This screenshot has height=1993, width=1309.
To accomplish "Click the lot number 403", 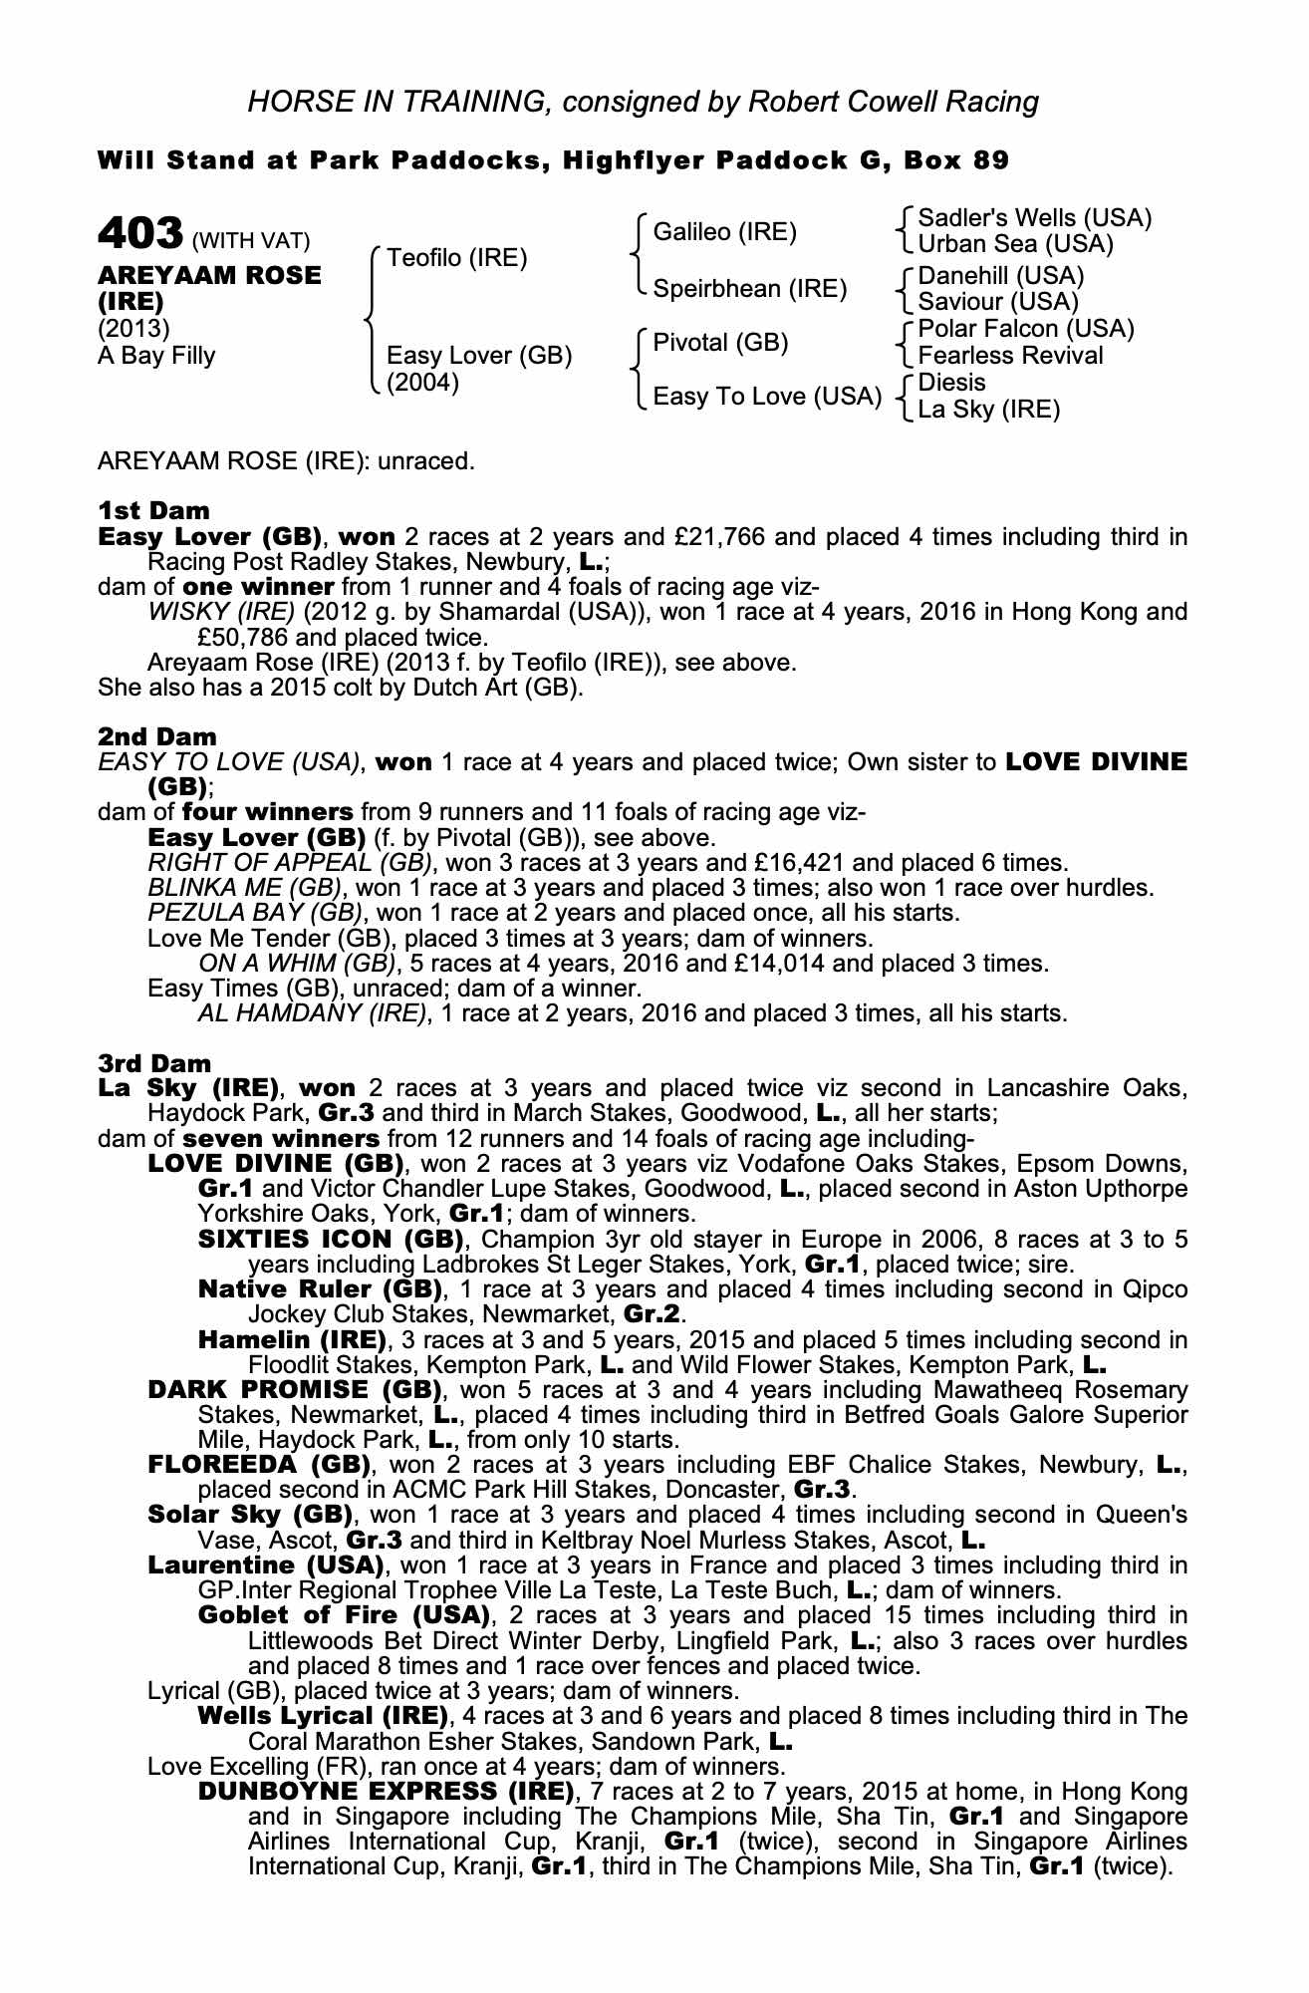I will pyautogui.click(x=139, y=234).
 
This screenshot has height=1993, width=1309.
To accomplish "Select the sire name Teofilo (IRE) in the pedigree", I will pyautogui.click(x=456, y=258).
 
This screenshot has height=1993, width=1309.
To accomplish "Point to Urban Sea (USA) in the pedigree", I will pyautogui.click(x=1015, y=244).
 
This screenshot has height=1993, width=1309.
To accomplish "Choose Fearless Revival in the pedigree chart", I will pyautogui.click(x=1010, y=356).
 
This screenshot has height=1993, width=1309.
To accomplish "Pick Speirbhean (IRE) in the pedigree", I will pyautogui.click(x=749, y=289).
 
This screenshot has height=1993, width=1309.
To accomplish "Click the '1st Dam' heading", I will pyautogui.click(x=153, y=511).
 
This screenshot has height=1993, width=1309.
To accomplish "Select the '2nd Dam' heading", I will pyautogui.click(x=156, y=737).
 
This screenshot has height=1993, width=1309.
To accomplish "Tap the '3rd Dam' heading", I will pyautogui.click(x=154, y=1063).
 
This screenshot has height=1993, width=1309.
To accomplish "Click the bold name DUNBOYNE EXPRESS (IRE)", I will pyautogui.click(x=387, y=1792).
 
